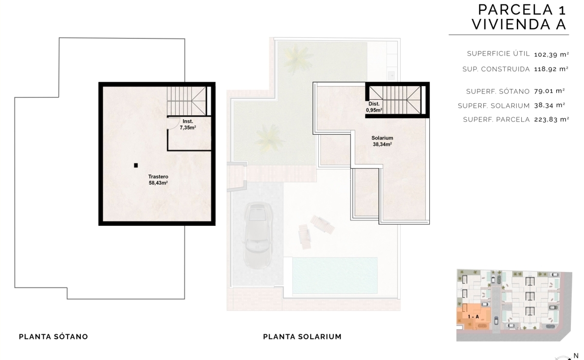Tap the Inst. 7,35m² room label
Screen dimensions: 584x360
[x=188, y=125]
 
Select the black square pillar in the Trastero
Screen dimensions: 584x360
[x=136, y=165]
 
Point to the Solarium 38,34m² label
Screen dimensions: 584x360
[x=382, y=141]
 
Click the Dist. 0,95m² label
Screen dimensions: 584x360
[x=374, y=107]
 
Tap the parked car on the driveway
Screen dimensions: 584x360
[x=257, y=235]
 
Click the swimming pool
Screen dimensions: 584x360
[x=335, y=275]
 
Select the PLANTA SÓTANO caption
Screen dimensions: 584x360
[x=54, y=337]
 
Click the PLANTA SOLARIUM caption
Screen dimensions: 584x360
[x=302, y=337]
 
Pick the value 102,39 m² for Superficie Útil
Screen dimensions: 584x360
[x=551, y=54]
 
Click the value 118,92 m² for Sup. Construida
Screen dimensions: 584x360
[x=551, y=69]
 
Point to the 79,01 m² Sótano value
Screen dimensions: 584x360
[x=549, y=91]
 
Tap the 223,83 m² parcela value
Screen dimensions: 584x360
[x=551, y=119]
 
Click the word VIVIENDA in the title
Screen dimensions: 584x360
[x=508, y=24]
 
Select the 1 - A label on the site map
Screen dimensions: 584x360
[x=473, y=317]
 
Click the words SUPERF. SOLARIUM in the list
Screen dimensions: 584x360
[x=494, y=106]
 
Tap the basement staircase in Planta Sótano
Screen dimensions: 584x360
[x=187, y=101]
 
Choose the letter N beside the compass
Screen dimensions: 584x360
[x=576, y=356]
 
